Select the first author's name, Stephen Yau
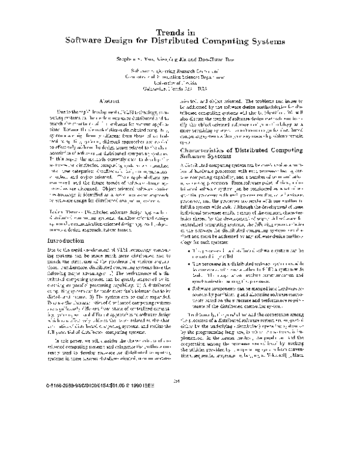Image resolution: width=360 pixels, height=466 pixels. coord(137,61)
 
